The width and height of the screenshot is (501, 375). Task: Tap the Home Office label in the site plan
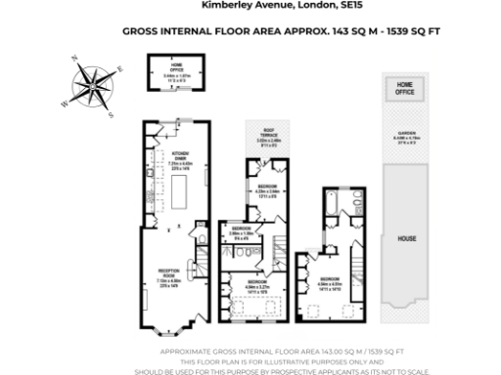404,90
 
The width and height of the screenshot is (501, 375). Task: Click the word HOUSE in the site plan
405,237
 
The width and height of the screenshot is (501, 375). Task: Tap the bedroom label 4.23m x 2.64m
267,190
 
